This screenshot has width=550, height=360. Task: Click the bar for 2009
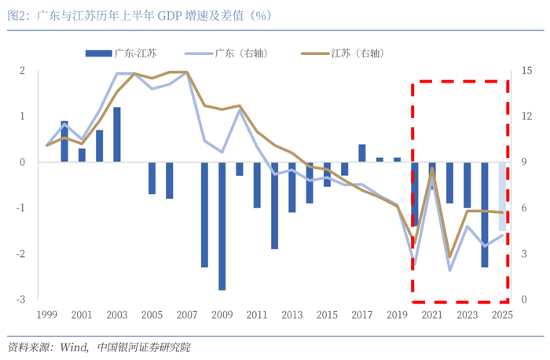222,226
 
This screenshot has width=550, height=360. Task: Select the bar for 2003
117,134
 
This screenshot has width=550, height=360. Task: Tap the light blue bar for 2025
502,197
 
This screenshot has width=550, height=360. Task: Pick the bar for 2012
275,206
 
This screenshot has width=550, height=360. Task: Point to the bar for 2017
362,153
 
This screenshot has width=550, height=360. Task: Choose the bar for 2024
485,215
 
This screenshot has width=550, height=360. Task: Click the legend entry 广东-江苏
121,53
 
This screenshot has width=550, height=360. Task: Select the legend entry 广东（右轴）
227,53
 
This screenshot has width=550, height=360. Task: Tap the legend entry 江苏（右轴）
343,53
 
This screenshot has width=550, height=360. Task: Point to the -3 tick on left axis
21,299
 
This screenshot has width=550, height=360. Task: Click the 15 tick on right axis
526,71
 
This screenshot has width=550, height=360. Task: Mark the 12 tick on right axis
526,116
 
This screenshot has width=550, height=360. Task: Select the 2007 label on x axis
187,314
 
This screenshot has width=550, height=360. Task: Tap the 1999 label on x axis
47,314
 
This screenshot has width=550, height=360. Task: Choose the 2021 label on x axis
432,314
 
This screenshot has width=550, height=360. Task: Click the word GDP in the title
170,16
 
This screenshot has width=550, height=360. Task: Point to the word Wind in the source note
74,347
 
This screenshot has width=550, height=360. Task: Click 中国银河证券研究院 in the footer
144,347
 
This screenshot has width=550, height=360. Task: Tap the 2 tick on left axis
23,71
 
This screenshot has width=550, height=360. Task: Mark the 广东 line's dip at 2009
222,152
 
